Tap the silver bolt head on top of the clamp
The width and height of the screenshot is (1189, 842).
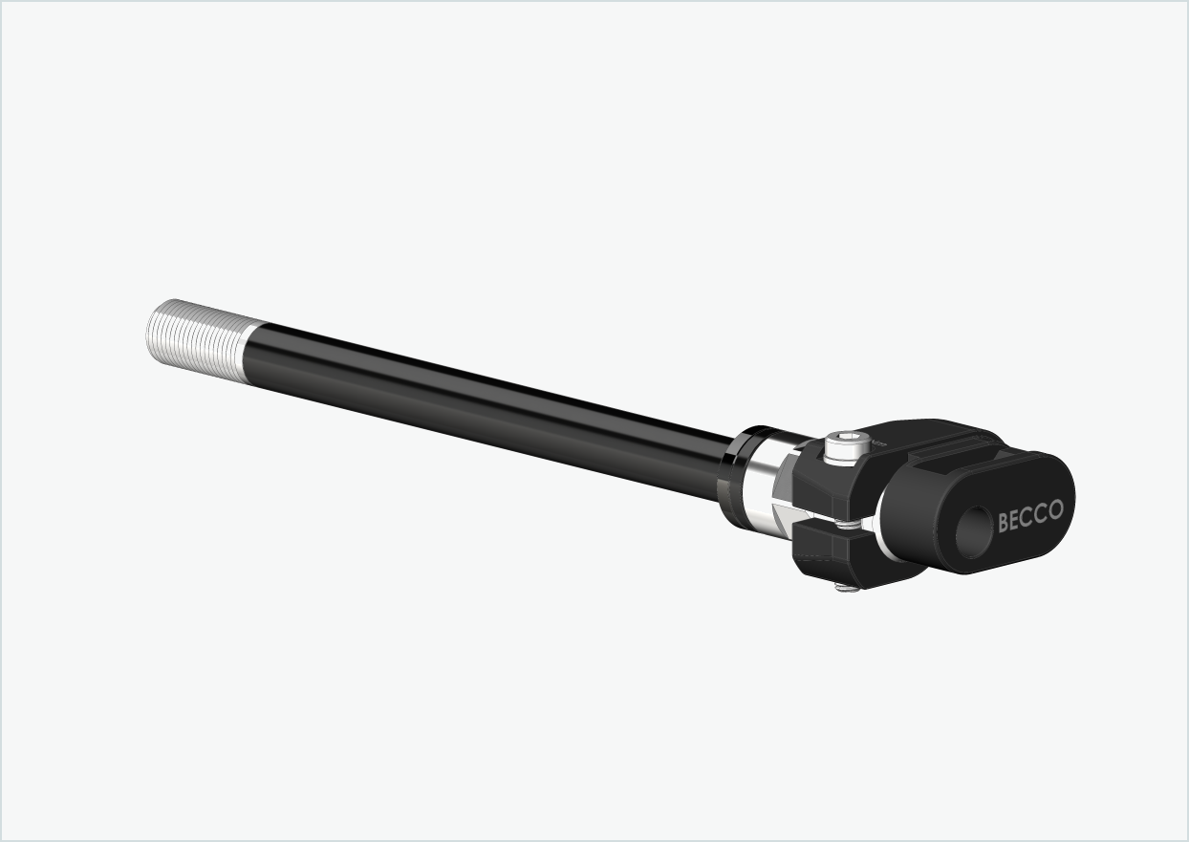point(842,447)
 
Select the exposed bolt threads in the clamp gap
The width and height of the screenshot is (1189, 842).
point(849,523)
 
